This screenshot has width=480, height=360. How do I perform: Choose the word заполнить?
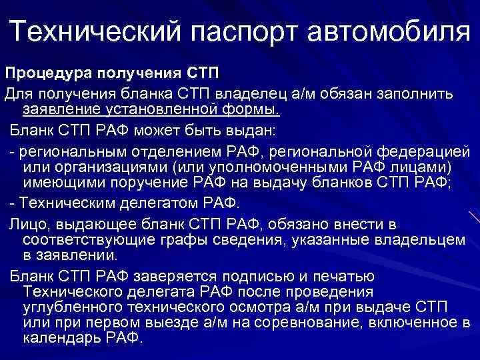click(413, 90)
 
